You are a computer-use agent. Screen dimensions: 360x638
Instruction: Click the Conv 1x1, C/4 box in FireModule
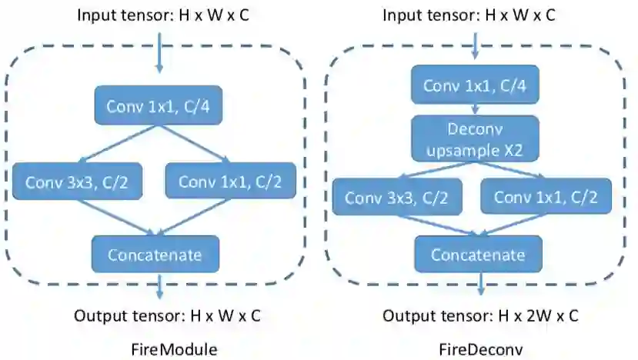point(159,106)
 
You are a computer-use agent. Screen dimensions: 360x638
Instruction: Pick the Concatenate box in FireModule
point(155,253)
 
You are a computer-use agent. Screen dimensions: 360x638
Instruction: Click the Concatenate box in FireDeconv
point(478,255)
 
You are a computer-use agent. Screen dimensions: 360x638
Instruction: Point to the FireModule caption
point(175,348)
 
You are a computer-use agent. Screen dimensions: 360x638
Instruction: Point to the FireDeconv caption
point(481,348)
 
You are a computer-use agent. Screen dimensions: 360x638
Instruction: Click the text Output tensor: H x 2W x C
point(481,315)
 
